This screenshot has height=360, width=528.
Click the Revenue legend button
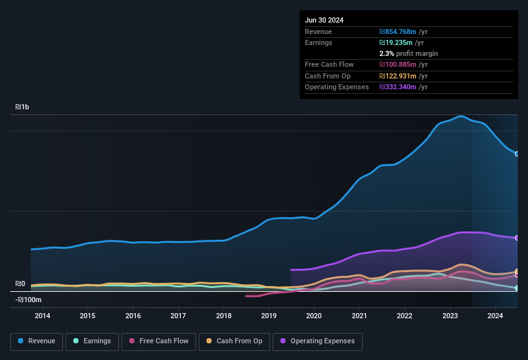(37, 341)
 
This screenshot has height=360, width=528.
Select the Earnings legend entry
(93, 341)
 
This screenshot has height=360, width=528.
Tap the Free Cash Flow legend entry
(159, 341)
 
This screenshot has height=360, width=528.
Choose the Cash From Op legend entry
(234, 341)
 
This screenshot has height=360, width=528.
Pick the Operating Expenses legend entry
(318, 341)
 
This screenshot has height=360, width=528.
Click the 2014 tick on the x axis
(42, 316)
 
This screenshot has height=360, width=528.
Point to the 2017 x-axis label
(178, 316)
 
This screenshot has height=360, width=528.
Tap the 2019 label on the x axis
(269, 316)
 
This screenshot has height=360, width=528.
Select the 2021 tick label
(360, 316)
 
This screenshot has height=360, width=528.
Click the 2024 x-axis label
(495, 316)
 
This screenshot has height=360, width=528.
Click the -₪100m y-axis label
(28, 300)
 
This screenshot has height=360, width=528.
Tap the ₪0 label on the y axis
(20, 283)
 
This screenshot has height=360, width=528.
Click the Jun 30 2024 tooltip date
(324, 20)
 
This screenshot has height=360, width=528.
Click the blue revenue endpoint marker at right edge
(517, 154)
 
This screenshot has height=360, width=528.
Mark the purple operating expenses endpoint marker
(517, 238)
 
